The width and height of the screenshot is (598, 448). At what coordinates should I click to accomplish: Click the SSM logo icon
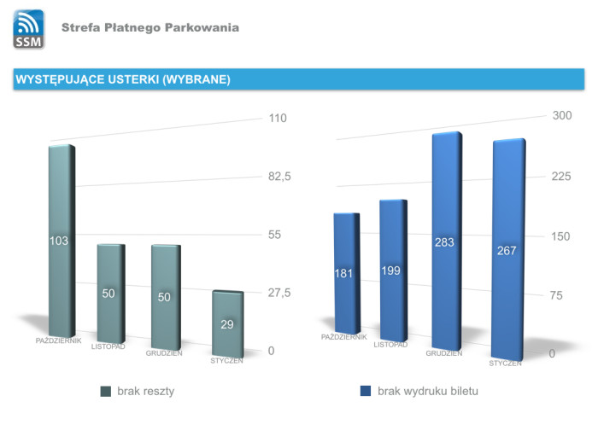pos(29,29)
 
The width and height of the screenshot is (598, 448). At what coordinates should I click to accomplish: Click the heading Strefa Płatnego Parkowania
pos(150,27)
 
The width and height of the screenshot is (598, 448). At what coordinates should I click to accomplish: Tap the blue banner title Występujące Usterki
pos(122,79)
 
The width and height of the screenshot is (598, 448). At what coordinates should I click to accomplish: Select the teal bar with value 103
pos(61,241)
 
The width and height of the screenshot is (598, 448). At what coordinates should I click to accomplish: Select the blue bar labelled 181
pos(346,273)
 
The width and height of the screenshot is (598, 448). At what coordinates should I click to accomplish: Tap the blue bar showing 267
pos(507,249)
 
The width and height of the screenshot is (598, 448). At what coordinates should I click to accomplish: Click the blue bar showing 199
pos(393,270)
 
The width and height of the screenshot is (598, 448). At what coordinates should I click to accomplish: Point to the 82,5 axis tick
pos(280,177)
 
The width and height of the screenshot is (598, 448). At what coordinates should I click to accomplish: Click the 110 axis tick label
pos(278,119)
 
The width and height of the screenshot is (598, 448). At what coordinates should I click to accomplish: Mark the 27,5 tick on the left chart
pos(280,293)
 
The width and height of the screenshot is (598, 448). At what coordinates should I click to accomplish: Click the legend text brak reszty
pos(146,392)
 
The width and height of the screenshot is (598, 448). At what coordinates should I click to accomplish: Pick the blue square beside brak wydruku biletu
pos(366,392)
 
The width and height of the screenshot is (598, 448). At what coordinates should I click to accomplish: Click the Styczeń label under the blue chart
pos(505,363)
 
